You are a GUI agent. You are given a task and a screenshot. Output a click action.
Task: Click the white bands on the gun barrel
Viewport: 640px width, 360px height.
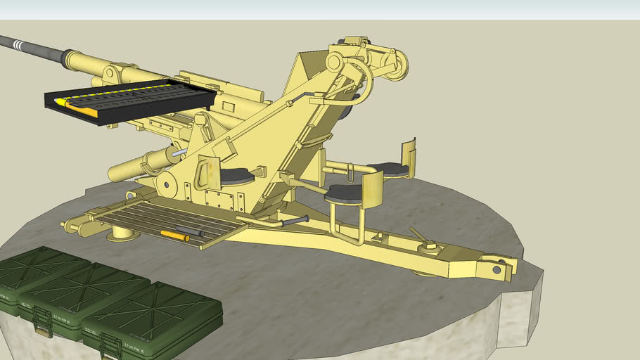(20, 46)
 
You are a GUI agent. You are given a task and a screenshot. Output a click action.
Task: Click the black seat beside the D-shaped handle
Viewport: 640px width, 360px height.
(237, 176)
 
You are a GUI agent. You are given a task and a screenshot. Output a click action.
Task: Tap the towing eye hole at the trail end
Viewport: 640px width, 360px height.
(497, 269)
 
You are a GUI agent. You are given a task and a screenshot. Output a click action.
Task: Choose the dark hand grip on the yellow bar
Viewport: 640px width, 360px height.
(295, 221)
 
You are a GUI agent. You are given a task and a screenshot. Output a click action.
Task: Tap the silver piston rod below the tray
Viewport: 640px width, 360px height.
(179, 152)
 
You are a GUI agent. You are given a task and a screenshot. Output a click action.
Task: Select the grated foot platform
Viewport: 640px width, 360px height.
(169, 221)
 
